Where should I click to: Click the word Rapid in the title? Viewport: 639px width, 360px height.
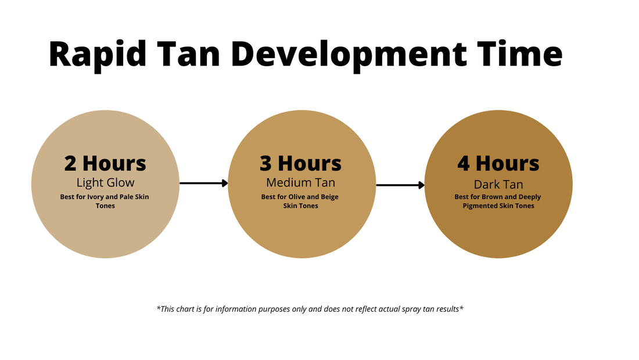coord(98,54)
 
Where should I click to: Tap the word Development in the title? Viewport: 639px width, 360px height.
coord(349,54)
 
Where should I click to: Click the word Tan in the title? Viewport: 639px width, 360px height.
coord(189,54)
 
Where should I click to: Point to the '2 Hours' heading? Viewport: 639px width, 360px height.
coord(105,163)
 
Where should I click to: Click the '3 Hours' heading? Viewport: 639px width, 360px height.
coord(301,163)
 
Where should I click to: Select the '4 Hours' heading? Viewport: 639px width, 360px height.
coord(498,163)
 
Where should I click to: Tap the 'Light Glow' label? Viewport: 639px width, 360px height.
coord(105,182)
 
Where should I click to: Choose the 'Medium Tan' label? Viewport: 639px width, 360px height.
coord(301,182)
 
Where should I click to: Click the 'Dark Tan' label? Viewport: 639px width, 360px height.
coord(498,185)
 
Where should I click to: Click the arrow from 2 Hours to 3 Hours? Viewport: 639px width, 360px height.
coord(204,183)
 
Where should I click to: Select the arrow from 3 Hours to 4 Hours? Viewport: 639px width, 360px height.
coord(401,185)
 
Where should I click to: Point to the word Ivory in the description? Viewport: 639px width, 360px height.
coord(96,197)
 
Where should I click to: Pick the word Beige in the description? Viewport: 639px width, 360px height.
coord(329,197)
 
